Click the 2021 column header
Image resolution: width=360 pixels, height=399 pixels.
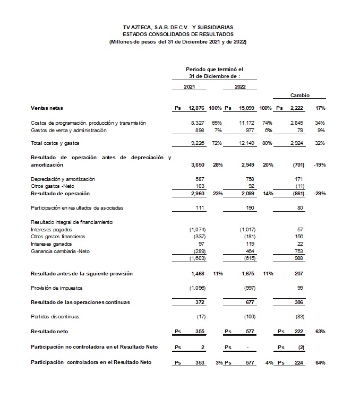pyautogui.click(x=189, y=86)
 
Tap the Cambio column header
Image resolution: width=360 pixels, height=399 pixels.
pyautogui.click(x=299, y=96)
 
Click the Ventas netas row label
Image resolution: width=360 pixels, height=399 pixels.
pyautogui.click(x=47, y=108)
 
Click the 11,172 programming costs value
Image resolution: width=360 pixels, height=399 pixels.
pyautogui.click(x=247, y=123)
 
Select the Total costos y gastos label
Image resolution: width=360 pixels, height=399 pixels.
pyautogui.click(x=55, y=143)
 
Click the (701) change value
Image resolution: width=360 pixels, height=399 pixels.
pyautogui.click(x=299, y=165)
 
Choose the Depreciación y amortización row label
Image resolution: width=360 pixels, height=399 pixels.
pyautogui.click(x=64, y=179)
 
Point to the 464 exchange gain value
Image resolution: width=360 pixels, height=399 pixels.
pyautogui.click(x=251, y=251)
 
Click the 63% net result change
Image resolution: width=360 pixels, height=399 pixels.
pyautogui.click(x=320, y=331)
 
